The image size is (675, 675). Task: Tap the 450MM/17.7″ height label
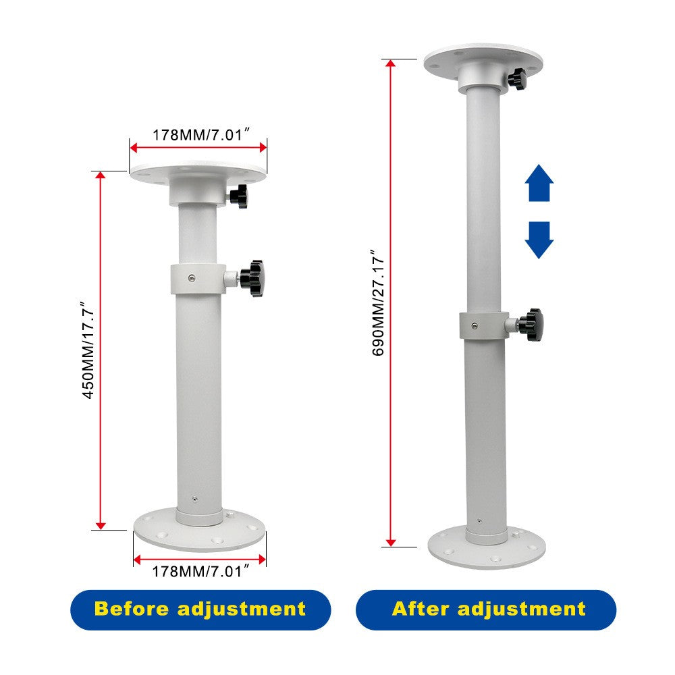pyautogui.click(x=88, y=350)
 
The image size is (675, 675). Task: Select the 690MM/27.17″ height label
pyautogui.click(x=378, y=303)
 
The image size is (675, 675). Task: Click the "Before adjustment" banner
pyautogui.click(x=200, y=609)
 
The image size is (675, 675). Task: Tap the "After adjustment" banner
pyautogui.click(x=486, y=609)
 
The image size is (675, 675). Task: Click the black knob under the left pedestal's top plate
pyautogui.click(x=239, y=197)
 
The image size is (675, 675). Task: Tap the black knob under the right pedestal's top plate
pyautogui.click(x=518, y=81)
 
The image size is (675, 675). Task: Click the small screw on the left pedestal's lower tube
pyautogui.click(x=194, y=500)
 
